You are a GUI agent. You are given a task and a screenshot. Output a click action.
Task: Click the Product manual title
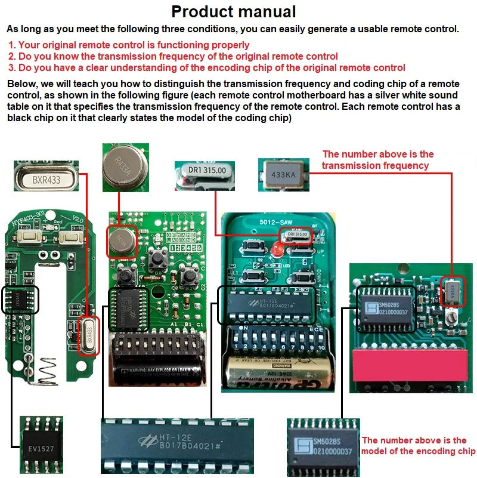233,11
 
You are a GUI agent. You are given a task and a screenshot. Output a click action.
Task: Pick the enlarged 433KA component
284,175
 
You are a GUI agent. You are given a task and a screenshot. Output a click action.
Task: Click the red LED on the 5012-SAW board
275,248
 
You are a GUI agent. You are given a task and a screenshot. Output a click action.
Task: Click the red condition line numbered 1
129,45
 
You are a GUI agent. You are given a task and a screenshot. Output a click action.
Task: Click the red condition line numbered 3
206,67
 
